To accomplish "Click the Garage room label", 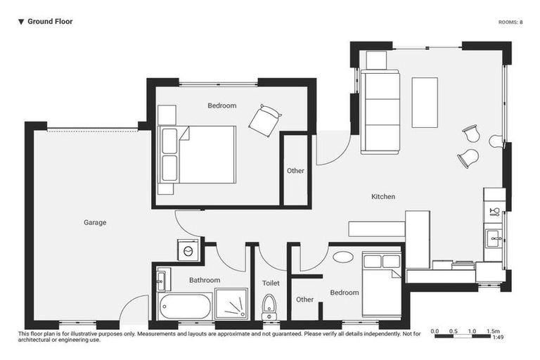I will click(95, 223).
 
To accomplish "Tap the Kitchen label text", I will click(383, 197).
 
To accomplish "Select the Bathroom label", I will click(205, 281).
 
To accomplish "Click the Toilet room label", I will click(271, 283).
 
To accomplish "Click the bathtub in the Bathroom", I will click(185, 307).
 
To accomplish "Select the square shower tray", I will click(231, 304).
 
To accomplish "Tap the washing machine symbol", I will click(188, 250).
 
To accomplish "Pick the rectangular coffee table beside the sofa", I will click(425, 102).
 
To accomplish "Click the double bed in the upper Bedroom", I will click(198, 155).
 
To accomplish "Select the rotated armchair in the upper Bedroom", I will click(265, 121).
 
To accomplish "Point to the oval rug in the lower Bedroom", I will click(343, 257).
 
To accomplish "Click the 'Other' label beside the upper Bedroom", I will click(295, 171).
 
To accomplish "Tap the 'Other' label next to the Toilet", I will click(304, 300).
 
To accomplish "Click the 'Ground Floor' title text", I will click(49, 22).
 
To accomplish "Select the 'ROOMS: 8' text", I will click(510, 22).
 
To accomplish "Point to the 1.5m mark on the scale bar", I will click(493, 330).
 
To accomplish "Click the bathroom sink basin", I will click(160, 280).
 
